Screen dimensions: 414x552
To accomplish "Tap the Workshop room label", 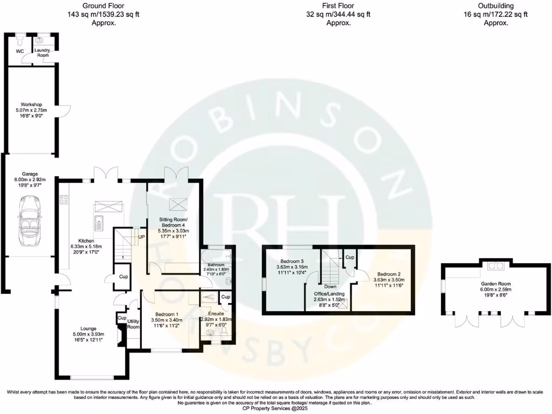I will [31, 104].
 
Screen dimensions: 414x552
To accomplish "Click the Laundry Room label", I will [43, 52].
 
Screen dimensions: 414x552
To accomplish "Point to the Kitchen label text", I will [86, 240].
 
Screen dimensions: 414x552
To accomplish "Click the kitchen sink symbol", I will [100, 222].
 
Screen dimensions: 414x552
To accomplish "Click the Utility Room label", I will [133, 324].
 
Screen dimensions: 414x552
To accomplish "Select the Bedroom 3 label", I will [292, 261].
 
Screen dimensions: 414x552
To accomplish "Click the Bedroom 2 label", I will [387, 274].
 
